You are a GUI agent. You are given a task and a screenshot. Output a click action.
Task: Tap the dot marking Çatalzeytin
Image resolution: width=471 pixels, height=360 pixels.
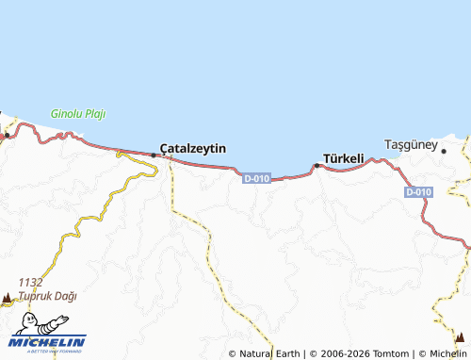point(154,155)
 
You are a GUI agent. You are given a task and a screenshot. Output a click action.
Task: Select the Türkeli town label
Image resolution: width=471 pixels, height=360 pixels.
point(344,158)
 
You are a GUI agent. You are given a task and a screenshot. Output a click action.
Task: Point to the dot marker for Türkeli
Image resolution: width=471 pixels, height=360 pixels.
point(317,166)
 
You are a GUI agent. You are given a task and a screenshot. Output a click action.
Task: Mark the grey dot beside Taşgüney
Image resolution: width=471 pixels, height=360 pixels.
point(444,150)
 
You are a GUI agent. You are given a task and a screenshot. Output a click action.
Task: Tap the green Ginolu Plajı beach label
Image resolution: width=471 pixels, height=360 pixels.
point(78,114)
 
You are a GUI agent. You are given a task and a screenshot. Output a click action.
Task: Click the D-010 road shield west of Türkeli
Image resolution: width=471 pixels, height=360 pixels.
point(257,177)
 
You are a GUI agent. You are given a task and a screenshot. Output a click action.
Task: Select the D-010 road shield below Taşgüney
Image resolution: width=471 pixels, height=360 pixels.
point(419,192)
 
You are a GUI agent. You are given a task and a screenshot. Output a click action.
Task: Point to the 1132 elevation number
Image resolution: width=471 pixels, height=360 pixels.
point(30,282)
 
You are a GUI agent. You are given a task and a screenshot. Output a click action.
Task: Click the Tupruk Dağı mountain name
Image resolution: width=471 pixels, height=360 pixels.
point(45,295)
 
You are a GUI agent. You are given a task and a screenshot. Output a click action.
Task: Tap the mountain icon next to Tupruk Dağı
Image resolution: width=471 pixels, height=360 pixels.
point(8,297)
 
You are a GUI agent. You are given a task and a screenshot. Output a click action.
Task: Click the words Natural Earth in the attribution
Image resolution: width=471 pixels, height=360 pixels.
point(270,353)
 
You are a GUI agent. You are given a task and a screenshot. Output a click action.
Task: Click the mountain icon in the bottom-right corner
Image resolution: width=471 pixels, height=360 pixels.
point(458,336)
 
